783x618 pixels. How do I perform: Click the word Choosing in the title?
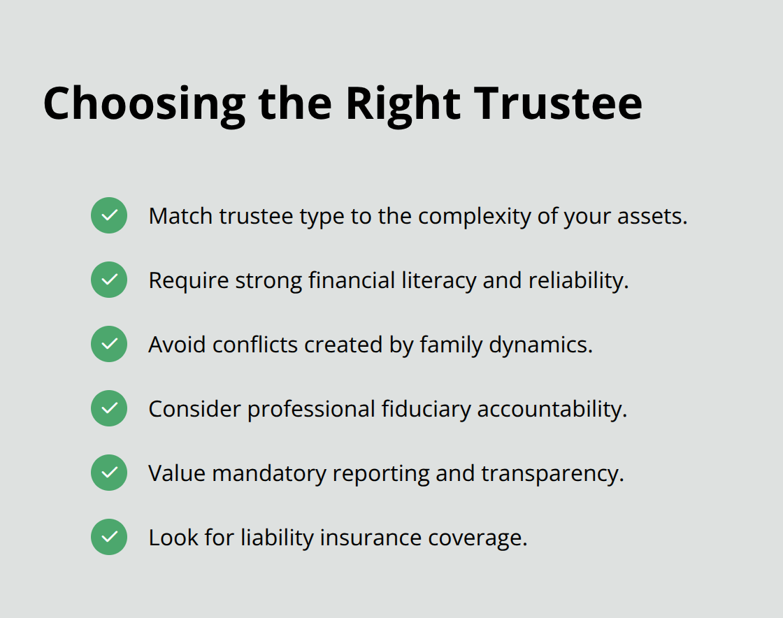(144, 103)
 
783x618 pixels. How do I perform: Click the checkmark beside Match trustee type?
(109, 215)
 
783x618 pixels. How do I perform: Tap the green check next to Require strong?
(109, 280)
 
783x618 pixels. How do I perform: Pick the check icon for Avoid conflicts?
(109, 344)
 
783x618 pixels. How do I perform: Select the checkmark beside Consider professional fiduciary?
(109, 408)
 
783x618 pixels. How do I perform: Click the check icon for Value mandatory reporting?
(109, 473)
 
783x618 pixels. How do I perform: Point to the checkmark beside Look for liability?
(109, 537)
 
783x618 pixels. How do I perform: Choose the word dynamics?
(543, 345)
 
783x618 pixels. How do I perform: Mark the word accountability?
(552, 409)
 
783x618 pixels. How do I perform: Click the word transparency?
(552, 473)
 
